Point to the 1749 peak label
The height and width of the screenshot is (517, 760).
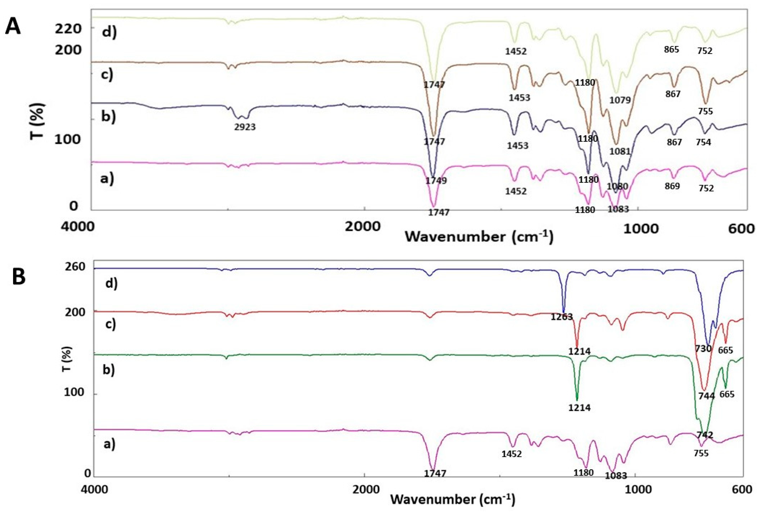pyautogui.click(x=436, y=180)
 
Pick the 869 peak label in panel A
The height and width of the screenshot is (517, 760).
pyautogui.click(x=672, y=186)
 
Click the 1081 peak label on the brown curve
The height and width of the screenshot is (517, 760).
pyautogui.click(x=620, y=151)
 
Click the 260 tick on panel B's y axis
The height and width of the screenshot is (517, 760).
pyautogui.click(x=75, y=267)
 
